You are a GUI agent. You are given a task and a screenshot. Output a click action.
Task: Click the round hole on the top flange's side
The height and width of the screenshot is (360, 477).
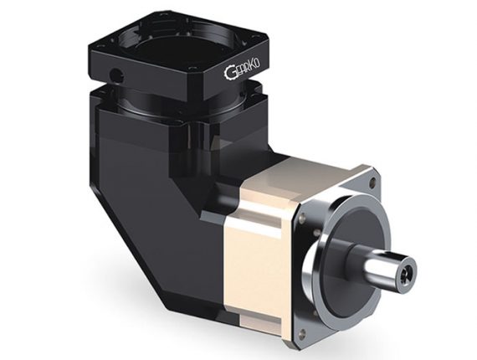[x=116, y=74]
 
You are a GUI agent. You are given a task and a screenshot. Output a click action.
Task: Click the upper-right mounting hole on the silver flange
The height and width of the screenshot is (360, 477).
[x=371, y=183]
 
